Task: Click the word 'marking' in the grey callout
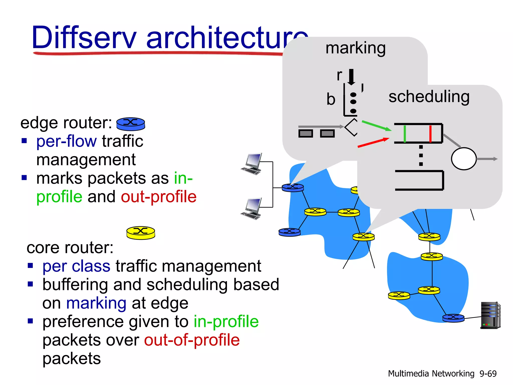coord(355,48)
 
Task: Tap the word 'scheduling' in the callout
coord(429,97)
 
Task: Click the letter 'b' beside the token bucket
coord(331,99)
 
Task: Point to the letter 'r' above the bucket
coord(339,75)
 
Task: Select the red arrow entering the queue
coord(373,142)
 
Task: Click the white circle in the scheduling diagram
coord(464,159)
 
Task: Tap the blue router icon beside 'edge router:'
coord(131,124)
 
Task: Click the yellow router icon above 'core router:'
coord(141,233)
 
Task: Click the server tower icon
coord(490,315)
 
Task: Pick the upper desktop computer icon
coord(252,164)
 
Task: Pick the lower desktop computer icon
coord(251,209)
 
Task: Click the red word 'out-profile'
coord(159,197)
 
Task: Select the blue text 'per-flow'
coord(66,141)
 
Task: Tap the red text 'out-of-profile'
coord(192,340)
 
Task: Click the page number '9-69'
coord(488,374)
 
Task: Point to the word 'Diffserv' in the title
coord(84,38)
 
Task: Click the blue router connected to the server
coord(453,318)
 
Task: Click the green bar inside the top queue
coord(405,134)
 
